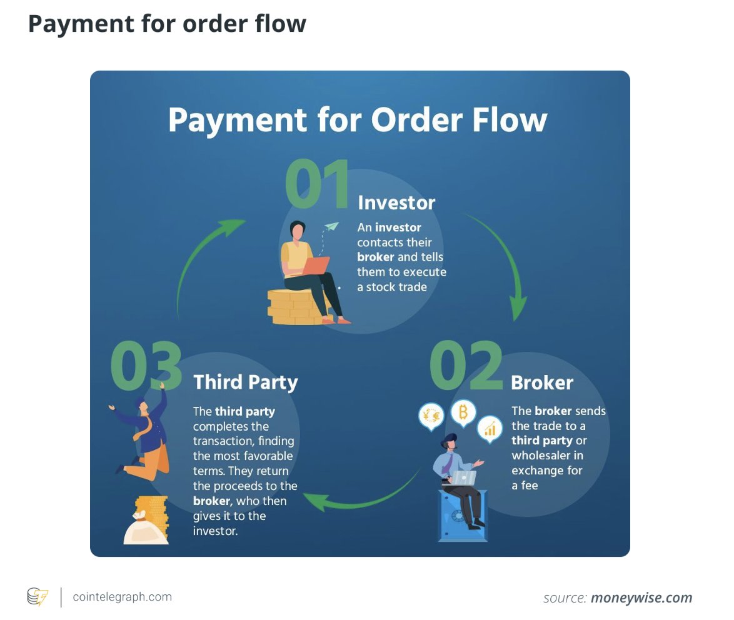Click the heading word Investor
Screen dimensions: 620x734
click(396, 202)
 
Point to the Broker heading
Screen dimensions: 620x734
click(541, 382)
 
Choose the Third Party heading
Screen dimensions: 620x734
click(246, 382)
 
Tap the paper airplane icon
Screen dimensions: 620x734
click(331, 226)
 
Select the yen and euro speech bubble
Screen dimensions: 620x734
click(431, 416)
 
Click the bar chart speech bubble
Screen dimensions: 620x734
click(490, 429)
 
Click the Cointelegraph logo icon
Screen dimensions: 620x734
click(38, 597)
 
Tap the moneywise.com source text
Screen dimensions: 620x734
click(641, 597)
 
